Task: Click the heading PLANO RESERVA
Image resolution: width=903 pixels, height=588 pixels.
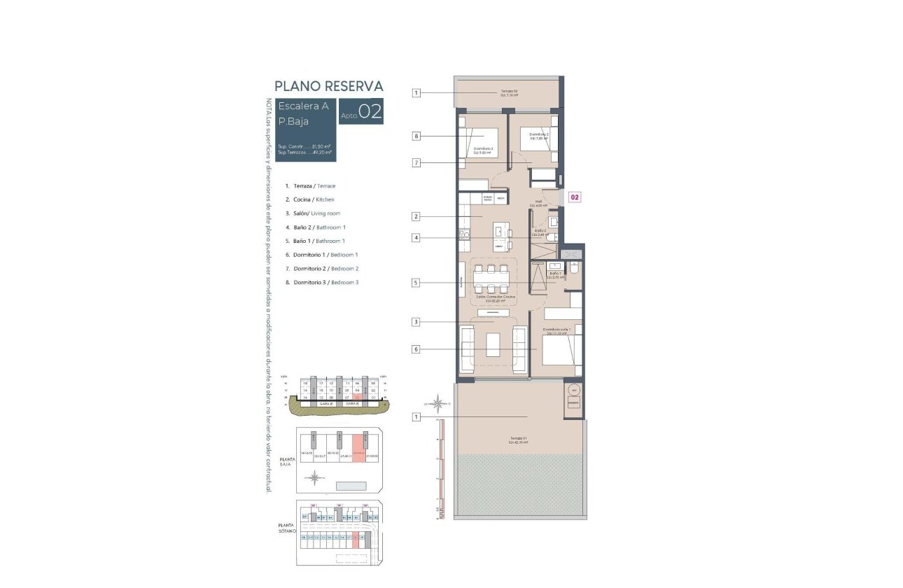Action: (x=328, y=86)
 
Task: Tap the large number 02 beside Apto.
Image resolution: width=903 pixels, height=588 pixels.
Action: (x=370, y=113)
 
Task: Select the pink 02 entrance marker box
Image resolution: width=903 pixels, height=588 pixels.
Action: (x=574, y=197)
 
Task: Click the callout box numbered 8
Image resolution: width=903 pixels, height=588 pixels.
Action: (x=416, y=136)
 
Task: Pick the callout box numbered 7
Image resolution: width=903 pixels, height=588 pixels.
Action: (x=416, y=163)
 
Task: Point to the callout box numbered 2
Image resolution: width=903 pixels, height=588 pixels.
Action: (x=416, y=217)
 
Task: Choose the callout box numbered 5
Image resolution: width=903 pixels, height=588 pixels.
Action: (x=416, y=283)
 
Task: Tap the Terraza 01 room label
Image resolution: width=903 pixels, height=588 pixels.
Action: (x=519, y=440)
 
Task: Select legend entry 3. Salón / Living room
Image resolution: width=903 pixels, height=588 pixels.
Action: (x=313, y=213)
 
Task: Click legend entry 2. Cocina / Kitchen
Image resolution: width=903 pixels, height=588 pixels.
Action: (x=309, y=199)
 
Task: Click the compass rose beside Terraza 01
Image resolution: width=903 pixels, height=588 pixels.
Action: (x=439, y=402)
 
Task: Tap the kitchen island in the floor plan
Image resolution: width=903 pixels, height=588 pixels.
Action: (x=500, y=237)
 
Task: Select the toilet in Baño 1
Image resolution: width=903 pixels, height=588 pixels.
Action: (x=573, y=269)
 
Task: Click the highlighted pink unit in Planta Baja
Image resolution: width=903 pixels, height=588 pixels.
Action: (x=358, y=446)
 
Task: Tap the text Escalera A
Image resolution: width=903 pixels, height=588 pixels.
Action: (x=303, y=106)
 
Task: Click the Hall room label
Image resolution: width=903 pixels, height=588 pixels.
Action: (x=540, y=204)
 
